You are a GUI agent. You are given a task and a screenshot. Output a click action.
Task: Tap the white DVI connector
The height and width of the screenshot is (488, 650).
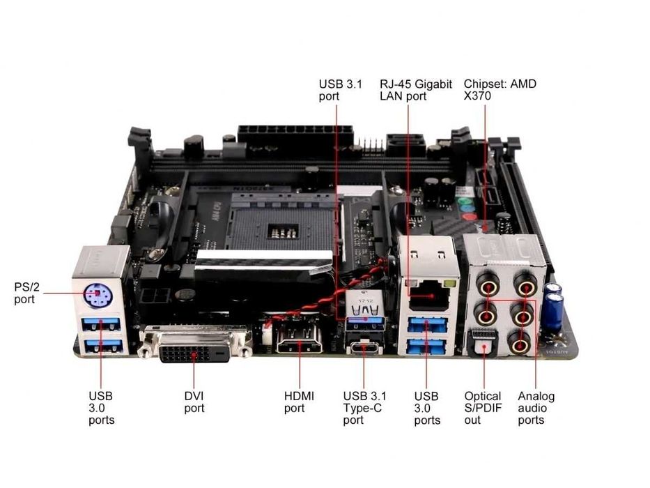(x=195, y=344)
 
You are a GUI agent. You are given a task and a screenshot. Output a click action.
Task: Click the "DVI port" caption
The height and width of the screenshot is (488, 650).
(x=194, y=402)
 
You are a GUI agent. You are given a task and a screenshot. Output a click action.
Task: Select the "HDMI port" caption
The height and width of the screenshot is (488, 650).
(x=299, y=402)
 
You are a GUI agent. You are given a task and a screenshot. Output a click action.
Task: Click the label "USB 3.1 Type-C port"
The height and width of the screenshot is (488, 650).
(x=362, y=408)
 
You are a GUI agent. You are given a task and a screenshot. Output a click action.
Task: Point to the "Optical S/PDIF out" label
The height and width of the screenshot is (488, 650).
(x=482, y=408)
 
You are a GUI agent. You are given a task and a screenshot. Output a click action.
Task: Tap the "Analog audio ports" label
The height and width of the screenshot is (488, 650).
(x=536, y=408)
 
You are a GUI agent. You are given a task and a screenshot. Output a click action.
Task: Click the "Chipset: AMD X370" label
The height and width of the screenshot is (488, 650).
(x=500, y=90)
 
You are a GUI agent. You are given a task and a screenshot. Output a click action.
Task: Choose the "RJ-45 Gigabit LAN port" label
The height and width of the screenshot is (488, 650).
(x=415, y=90)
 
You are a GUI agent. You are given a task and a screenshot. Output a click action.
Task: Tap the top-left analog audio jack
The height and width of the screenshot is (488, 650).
(x=487, y=284)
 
